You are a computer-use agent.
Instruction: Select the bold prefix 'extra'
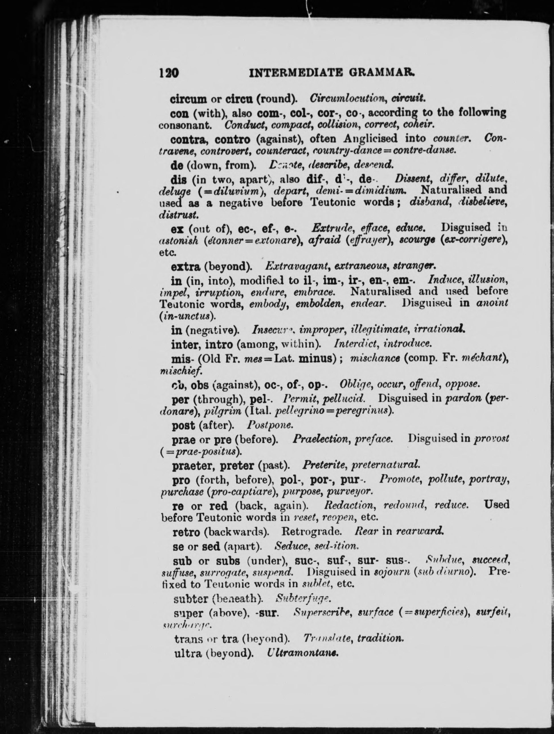185,266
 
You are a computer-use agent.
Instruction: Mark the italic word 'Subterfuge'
303,599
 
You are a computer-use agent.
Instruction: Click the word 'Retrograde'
311,532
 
